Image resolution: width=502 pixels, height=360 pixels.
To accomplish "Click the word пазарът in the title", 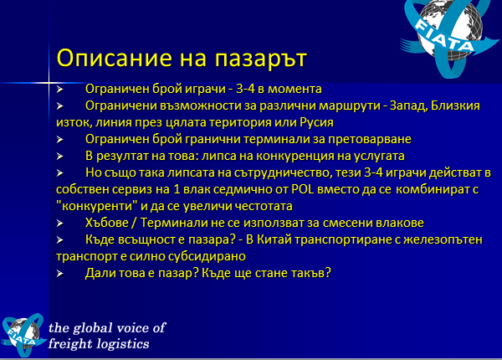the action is click(260, 59).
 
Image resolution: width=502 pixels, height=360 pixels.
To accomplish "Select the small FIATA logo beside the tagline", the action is click(23, 335).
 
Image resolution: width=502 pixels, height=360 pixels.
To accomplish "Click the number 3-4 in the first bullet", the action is click(245, 89).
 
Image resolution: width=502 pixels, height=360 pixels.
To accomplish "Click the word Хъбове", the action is click(107, 223).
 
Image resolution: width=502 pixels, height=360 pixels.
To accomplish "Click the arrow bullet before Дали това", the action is click(60, 273).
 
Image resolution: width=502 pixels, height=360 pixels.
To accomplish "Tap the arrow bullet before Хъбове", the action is click(60, 223).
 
